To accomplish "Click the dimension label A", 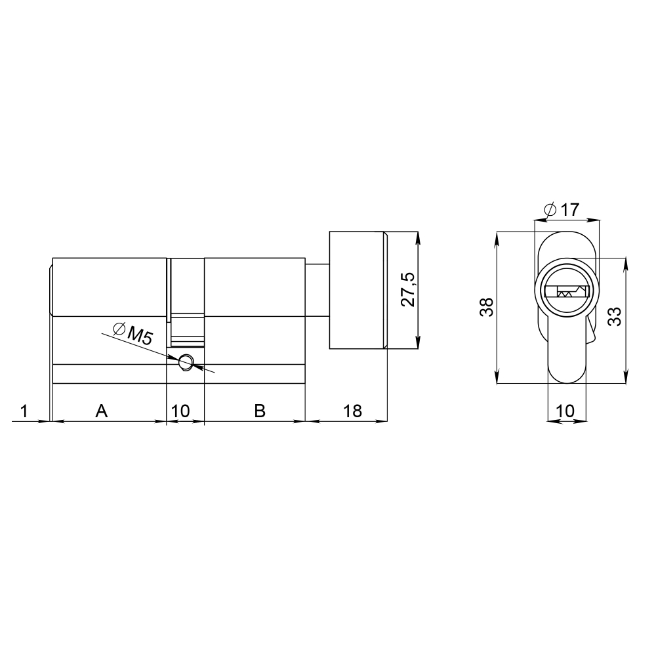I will point(101,411).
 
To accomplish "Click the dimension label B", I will point(260,411).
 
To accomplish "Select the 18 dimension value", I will point(352,411).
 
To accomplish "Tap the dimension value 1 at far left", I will point(24,411).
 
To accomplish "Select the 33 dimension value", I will point(615,316).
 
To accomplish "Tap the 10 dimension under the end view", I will point(565,411).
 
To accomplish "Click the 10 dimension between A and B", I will point(180,411).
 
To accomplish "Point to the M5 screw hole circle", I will point(185,361).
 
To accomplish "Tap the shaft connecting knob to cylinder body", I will point(317,291).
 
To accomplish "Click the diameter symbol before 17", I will point(550,211).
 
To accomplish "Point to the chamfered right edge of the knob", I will point(385,291).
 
